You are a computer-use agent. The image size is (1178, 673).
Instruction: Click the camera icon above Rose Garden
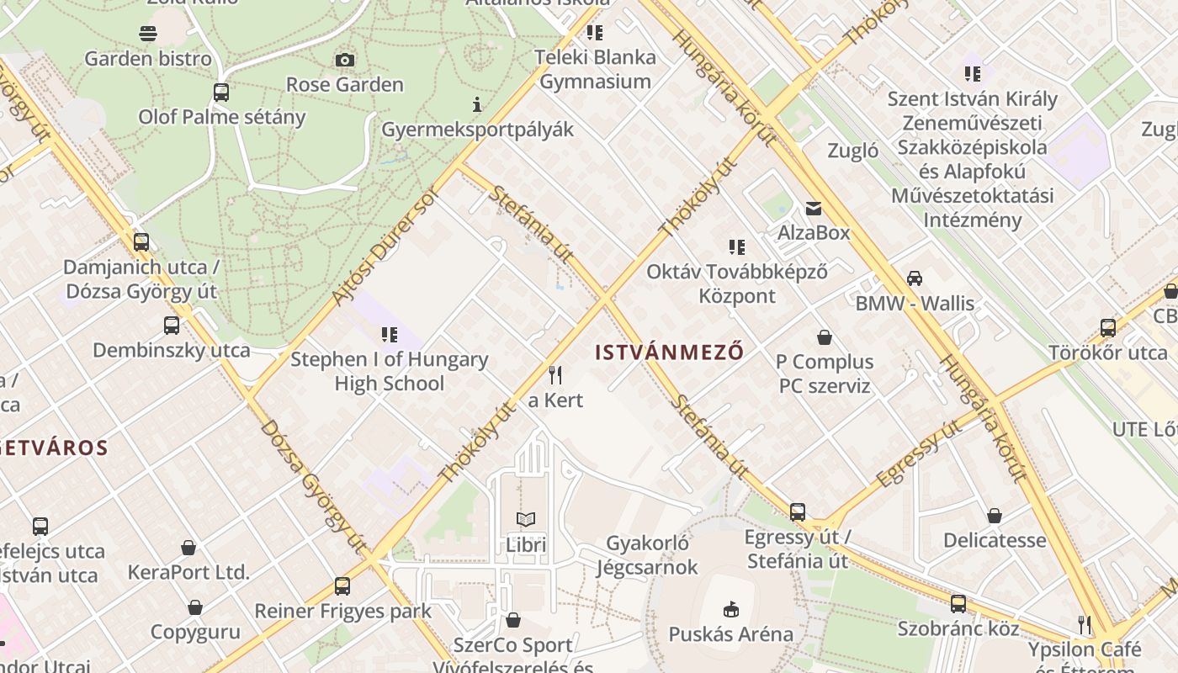344,60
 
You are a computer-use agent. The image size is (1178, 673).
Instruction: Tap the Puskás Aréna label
730,633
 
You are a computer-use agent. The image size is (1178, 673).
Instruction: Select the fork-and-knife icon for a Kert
555,374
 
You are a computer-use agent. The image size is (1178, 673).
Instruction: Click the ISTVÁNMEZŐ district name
670,352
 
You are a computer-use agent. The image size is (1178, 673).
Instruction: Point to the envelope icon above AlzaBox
814,208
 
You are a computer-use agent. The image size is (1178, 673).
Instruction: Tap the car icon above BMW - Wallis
915,278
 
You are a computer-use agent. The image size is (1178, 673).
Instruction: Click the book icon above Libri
526,519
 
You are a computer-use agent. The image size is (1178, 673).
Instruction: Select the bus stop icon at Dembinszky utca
172,326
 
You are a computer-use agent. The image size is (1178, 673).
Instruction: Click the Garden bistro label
148,58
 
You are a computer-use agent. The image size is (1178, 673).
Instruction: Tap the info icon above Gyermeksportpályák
477,104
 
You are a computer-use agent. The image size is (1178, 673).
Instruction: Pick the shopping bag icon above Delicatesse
995,515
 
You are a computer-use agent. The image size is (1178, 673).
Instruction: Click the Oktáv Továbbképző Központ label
737,284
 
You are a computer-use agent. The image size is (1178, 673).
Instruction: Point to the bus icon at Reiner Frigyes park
342,586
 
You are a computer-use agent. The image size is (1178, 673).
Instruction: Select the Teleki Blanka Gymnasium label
597,69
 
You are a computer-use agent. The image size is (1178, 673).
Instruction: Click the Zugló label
853,151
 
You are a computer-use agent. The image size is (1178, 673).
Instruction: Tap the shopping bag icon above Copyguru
195,607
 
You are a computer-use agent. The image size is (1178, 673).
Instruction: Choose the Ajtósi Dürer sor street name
387,245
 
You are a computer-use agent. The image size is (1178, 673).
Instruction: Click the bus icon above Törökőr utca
1108,328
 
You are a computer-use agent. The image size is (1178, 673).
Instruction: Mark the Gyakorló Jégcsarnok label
647,555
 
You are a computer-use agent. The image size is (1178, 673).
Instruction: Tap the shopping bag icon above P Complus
825,337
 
